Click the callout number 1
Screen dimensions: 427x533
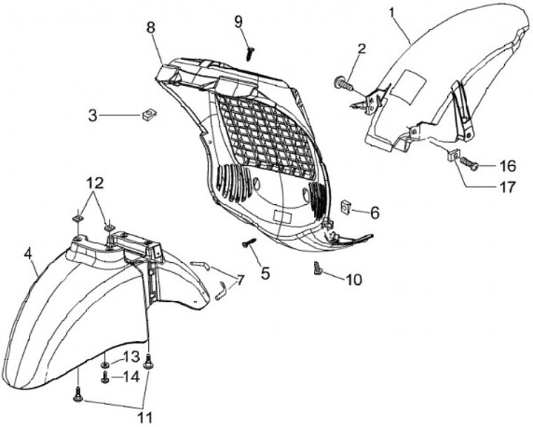pos(393,13)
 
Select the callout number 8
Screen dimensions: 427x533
pos(151,28)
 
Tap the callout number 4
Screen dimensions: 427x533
pos(29,253)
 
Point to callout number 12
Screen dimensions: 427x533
pos(95,182)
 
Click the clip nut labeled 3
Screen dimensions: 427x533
pos(148,115)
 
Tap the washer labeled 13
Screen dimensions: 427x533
pos(106,365)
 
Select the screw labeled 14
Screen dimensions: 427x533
pos(105,377)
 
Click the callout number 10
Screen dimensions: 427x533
pos(353,280)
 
